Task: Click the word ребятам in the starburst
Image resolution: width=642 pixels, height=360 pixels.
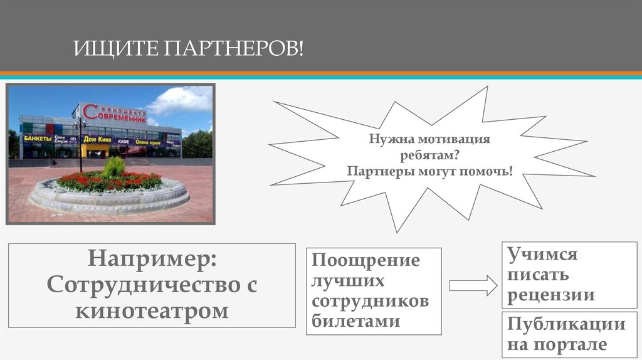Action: pos(419,155)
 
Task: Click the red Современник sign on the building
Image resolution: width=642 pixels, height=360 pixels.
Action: pos(114,114)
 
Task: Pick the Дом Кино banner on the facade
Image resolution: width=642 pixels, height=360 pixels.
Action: pos(98,139)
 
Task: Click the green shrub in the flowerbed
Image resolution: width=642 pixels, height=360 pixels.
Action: pos(113,167)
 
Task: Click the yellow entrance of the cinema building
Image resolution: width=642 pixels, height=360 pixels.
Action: pos(96,151)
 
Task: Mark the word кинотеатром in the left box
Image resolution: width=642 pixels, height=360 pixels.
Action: pos(152,310)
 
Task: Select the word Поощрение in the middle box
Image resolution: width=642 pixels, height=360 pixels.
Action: pos(366,260)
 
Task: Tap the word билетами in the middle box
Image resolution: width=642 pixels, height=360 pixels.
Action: pos(355,321)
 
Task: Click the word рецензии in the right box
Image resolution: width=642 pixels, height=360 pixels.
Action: pos(551,295)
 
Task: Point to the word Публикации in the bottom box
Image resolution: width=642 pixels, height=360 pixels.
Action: pos(566,324)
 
